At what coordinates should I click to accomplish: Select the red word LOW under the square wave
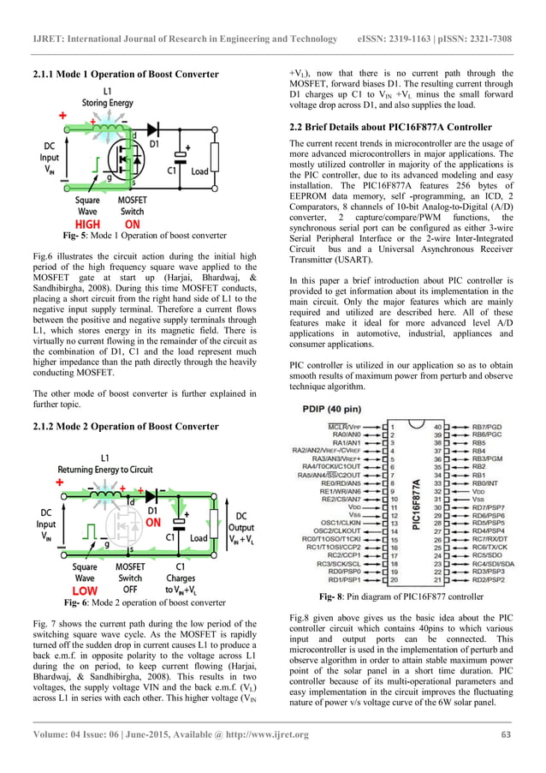tap(84, 591)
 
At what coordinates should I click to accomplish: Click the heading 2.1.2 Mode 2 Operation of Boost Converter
tap(127, 426)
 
